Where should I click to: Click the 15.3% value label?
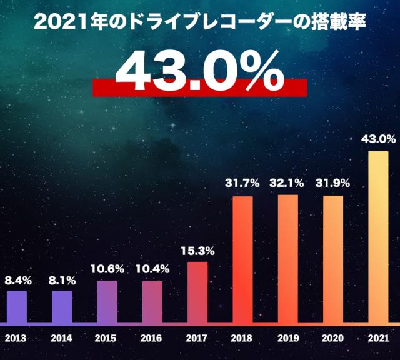[197, 251]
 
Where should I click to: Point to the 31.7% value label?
[242, 184]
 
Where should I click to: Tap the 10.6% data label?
[107, 269]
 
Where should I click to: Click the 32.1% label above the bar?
[287, 184]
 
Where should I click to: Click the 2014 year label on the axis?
[61, 339]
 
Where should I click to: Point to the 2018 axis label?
[242, 339]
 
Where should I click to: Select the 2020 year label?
[332, 339]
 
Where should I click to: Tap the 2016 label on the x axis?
[152, 339]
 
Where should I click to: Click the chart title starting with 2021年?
[199, 23]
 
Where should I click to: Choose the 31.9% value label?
[332, 184]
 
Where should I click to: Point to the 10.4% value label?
[152, 269]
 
